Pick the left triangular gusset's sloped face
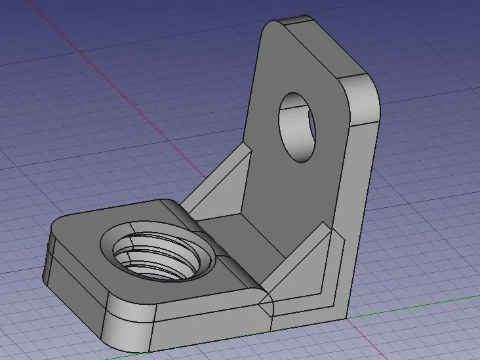tap(216, 184)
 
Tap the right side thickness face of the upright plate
tap(357, 197)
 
